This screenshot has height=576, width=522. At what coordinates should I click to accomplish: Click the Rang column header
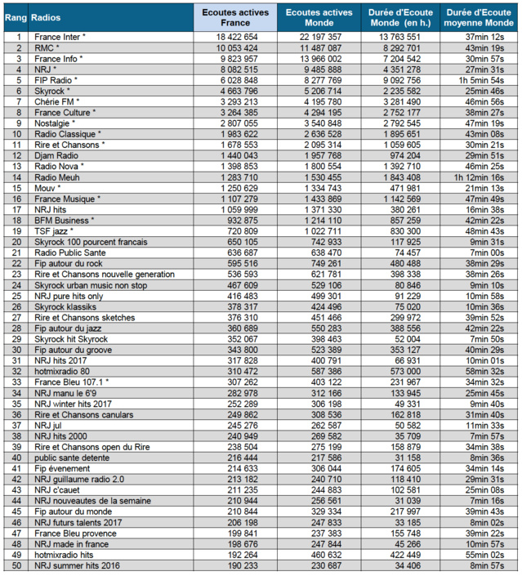[x=16, y=17]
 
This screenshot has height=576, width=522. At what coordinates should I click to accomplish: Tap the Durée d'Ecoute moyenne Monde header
[x=477, y=17]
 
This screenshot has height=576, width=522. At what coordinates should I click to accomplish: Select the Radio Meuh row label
[x=56, y=176]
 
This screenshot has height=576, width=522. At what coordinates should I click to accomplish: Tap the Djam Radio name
[x=55, y=155]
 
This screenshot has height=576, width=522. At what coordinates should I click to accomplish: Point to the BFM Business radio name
[x=65, y=220]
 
